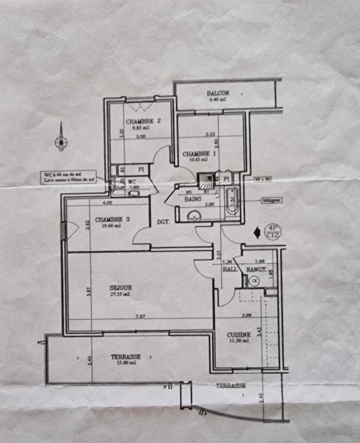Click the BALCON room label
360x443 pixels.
tap(218, 93)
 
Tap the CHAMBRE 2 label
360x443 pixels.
tap(142, 121)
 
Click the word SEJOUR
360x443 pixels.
tap(121, 288)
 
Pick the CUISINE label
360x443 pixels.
tap(239, 334)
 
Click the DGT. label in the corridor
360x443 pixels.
tap(163, 222)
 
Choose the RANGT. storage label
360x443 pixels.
tap(256, 269)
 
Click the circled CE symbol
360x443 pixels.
tap(255, 281)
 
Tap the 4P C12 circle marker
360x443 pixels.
tap(272, 231)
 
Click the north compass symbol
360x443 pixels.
tap(60, 142)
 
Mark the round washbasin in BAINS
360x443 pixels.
tap(195, 215)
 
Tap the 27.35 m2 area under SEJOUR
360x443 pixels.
tap(121, 295)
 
